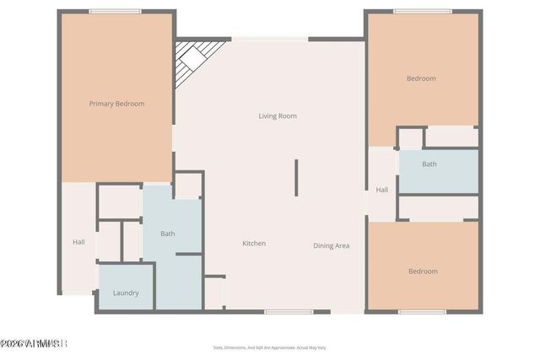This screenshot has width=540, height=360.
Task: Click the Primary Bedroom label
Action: point(116,104)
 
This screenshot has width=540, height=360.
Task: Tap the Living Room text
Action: point(277,116)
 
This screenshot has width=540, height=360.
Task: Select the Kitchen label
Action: point(254,244)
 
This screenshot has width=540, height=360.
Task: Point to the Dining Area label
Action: point(331,246)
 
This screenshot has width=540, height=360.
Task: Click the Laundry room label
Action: point(126,293)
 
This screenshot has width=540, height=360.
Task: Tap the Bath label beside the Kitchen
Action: point(167,234)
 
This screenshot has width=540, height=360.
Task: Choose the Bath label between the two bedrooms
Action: point(429,164)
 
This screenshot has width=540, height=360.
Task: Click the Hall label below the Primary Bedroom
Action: point(78,242)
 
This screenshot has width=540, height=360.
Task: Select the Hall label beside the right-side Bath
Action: point(381,190)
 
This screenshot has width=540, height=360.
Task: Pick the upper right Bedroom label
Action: point(421,78)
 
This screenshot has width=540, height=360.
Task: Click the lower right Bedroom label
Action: point(423,271)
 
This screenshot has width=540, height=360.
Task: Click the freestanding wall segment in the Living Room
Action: point(295,178)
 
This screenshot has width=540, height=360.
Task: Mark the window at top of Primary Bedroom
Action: point(115,11)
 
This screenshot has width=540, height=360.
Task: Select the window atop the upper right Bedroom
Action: point(421,11)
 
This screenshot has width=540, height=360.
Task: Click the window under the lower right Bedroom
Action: point(422,312)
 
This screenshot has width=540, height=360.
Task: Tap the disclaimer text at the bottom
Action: point(269,347)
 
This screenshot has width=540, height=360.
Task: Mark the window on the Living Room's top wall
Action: point(269,38)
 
